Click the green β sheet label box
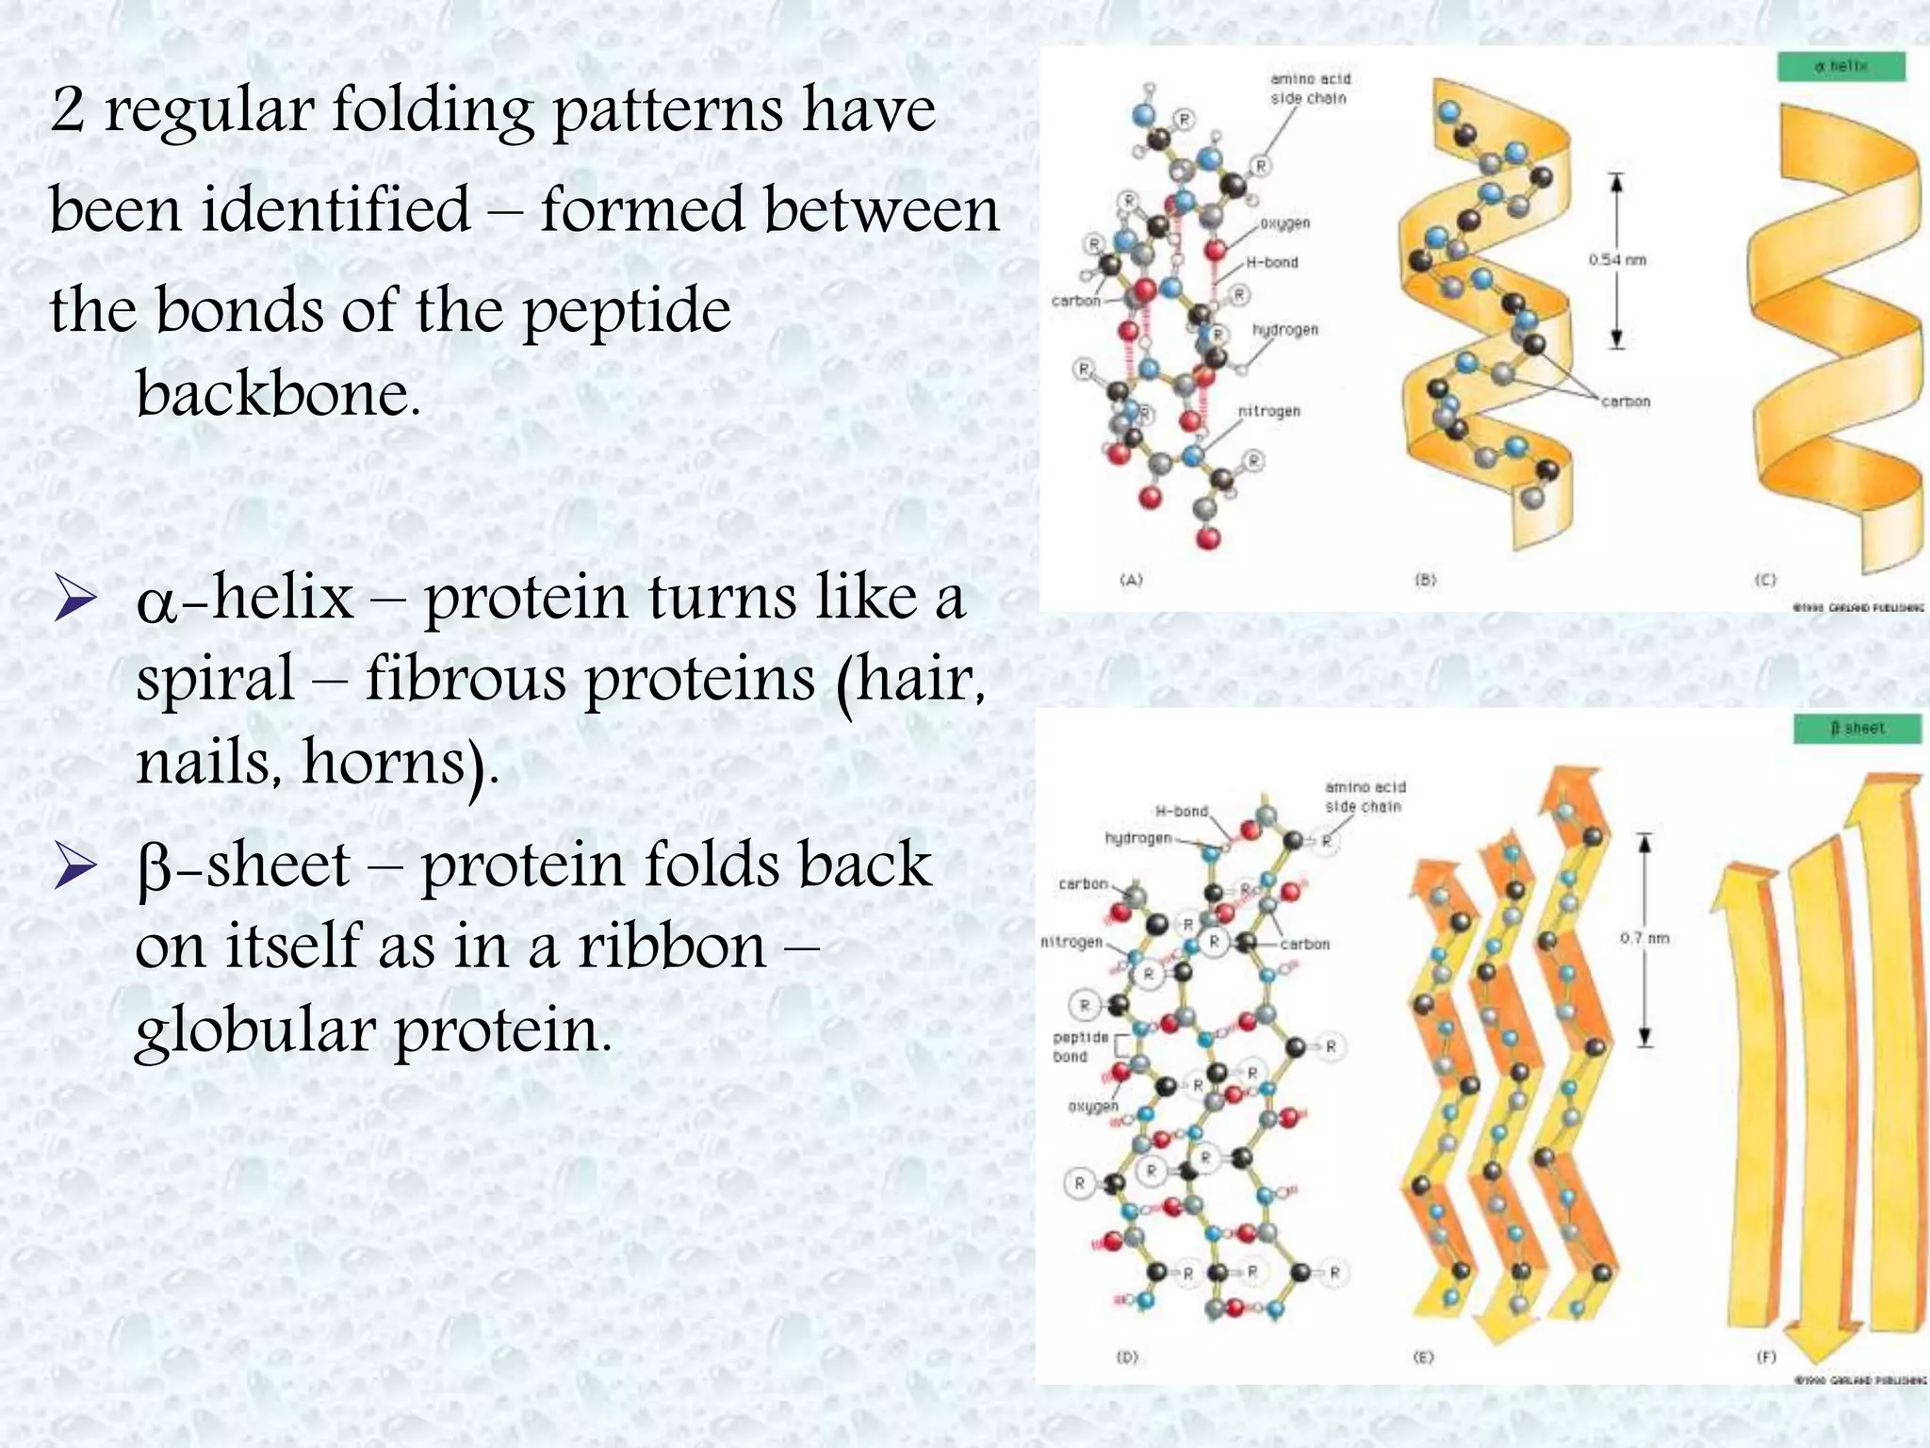(1856, 729)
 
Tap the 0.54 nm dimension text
(1617, 260)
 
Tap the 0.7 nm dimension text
(1644, 938)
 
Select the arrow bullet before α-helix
(75, 600)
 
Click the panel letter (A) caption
(1131, 580)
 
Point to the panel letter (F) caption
(1766, 1357)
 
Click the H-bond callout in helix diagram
(1271, 262)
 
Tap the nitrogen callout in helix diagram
(1268, 411)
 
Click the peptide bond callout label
(1080, 1046)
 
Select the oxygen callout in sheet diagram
(1092, 1106)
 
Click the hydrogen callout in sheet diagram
(1137, 838)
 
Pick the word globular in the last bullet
(254, 1029)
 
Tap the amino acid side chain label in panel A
(1309, 89)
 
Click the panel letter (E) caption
(1423, 1357)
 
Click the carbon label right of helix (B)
(1626, 402)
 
